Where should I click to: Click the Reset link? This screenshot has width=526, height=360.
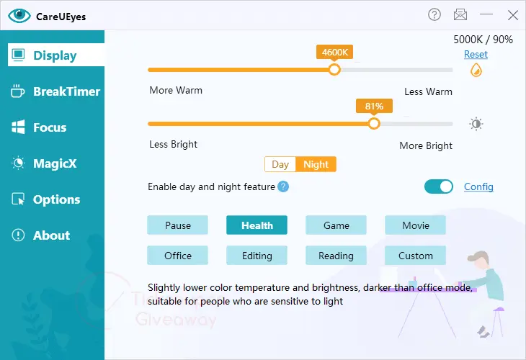pos(476,54)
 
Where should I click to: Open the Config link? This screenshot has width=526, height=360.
pos(478,186)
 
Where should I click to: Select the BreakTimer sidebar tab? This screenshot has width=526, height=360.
pos(55,91)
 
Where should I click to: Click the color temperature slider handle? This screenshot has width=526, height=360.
pos(334,70)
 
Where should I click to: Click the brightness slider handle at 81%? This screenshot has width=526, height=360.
pos(374,124)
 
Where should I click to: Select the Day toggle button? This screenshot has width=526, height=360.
pos(280,164)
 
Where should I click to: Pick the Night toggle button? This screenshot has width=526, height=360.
pos(316,164)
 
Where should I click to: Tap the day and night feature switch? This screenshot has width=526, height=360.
pos(438,186)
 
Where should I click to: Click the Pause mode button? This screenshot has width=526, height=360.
pos(177,225)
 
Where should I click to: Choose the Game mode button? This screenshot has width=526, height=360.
pos(336,225)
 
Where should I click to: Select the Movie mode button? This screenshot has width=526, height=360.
pos(415,225)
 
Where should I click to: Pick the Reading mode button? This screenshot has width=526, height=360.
pos(336,256)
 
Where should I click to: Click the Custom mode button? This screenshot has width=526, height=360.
pos(415,256)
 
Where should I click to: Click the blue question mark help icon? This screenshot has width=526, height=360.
pos(283,186)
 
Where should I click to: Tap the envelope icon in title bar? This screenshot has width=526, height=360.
pos(460,14)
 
